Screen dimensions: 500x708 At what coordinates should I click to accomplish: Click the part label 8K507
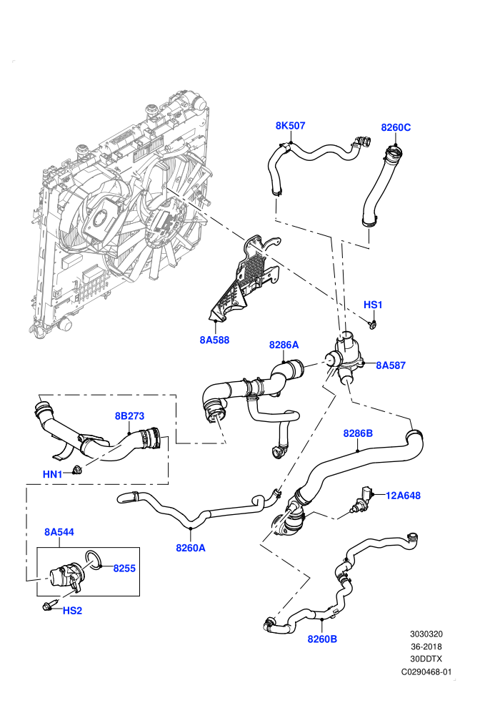(290, 126)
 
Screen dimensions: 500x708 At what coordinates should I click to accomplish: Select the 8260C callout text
(396, 127)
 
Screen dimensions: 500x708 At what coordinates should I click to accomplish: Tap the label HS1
(373, 305)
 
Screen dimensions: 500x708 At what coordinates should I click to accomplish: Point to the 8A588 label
(214, 340)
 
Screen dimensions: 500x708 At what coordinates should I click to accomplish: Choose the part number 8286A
(284, 345)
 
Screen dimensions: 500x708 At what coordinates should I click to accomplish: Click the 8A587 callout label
(391, 365)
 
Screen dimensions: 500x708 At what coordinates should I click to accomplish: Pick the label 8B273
(129, 416)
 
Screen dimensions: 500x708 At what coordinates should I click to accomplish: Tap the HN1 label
(52, 474)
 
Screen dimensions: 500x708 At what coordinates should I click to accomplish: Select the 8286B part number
(358, 433)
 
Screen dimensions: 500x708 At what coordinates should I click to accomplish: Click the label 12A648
(403, 496)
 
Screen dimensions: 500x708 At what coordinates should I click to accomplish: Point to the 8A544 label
(59, 532)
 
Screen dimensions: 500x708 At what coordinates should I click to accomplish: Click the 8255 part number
(124, 568)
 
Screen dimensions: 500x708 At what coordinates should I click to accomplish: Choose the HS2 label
(72, 611)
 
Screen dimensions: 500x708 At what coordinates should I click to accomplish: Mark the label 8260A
(191, 548)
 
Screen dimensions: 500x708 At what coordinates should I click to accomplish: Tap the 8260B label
(322, 639)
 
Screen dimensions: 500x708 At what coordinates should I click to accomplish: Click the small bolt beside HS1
(372, 324)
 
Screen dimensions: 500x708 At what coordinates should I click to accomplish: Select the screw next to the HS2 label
(49, 606)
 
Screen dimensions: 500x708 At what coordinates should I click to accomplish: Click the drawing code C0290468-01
(426, 672)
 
